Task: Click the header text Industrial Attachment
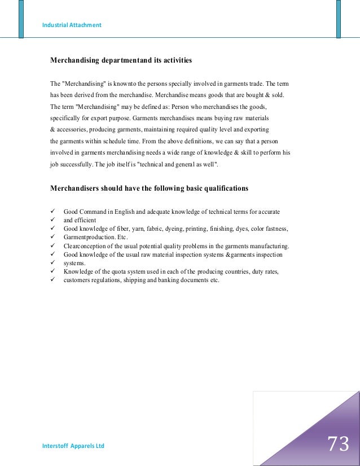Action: point(72,25)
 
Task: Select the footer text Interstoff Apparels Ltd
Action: point(73,446)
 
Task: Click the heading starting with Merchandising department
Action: point(121,59)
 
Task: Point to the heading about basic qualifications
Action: point(149,188)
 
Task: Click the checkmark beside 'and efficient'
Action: point(52,220)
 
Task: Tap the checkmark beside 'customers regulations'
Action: point(52,280)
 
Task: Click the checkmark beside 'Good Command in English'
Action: point(52,212)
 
